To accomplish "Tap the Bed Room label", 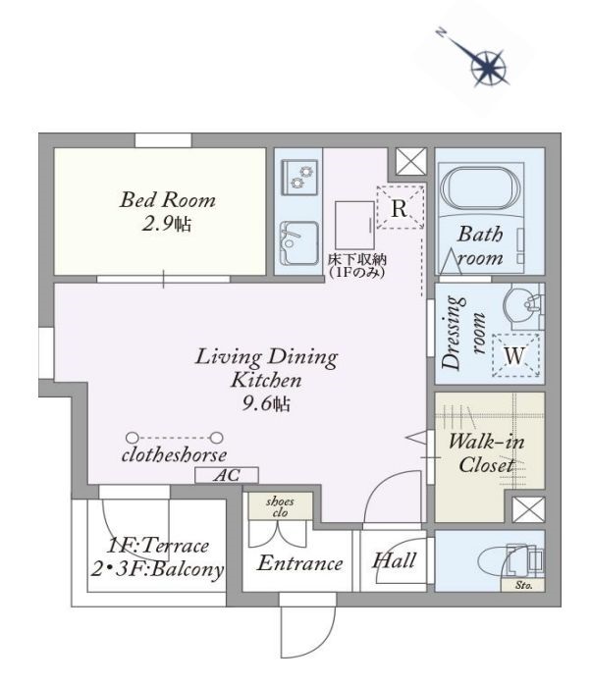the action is (168, 200).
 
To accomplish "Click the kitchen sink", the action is (299, 243).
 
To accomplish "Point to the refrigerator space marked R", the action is (401, 207).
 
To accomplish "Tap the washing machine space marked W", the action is (515, 355).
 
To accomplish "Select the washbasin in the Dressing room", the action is (521, 302).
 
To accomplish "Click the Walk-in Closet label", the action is (486, 452).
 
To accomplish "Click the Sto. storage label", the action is (523, 585).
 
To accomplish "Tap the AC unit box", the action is (227, 475).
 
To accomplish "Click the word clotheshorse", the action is (174, 455).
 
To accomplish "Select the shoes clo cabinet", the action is (280, 506).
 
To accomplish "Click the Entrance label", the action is (299, 563).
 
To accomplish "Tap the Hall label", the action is (394, 560).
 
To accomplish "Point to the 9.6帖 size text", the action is (266, 403).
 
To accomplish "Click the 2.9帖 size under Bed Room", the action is (166, 224).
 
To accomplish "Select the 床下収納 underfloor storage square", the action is (354, 225).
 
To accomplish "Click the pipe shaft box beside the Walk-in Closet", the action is (528, 509).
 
